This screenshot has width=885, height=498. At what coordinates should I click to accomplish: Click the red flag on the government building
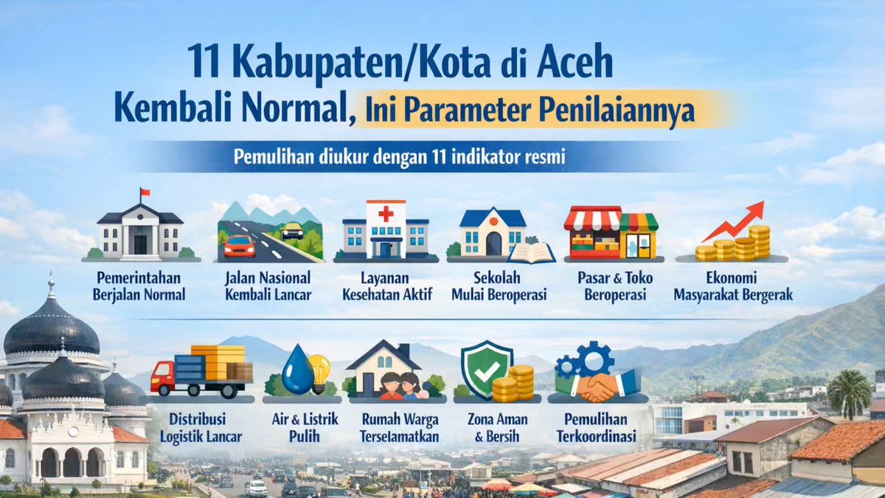(145, 193)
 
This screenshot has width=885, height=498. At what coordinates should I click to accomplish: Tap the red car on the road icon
(239, 245)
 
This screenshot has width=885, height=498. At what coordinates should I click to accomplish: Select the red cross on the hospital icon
(386, 214)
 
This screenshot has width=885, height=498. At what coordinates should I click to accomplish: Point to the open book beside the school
(531, 252)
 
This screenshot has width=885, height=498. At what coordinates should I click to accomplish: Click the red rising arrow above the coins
(735, 221)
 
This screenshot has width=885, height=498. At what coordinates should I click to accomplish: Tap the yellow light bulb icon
(319, 369)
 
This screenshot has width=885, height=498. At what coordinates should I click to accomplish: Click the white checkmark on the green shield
(485, 371)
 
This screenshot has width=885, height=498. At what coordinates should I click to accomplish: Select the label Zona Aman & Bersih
(493, 428)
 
